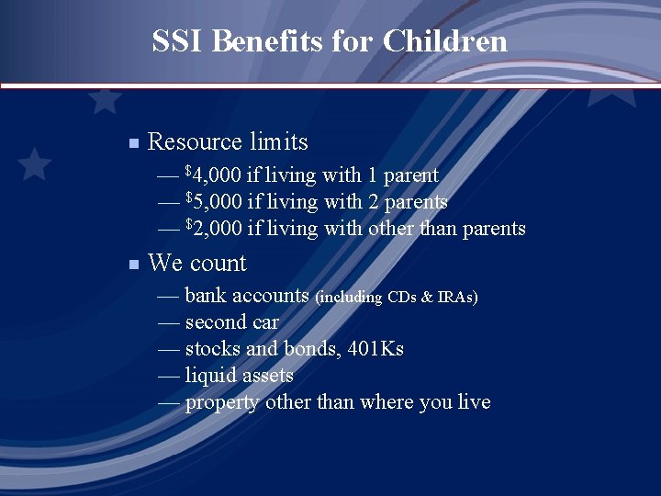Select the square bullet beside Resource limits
click(x=133, y=143)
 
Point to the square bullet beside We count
click(x=133, y=265)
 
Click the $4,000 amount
click(x=213, y=175)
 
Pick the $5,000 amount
click(x=213, y=202)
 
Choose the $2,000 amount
click(x=213, y=229)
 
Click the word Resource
click(x=195, y=142)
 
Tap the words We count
click(x=196, y=264)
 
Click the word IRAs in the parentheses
click(x=454, y=298)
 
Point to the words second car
click(x=231, y=322)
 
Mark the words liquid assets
click(x=239, y=376)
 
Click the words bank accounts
click(x=246, y=296)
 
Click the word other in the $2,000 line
click(x=390, y=229)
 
